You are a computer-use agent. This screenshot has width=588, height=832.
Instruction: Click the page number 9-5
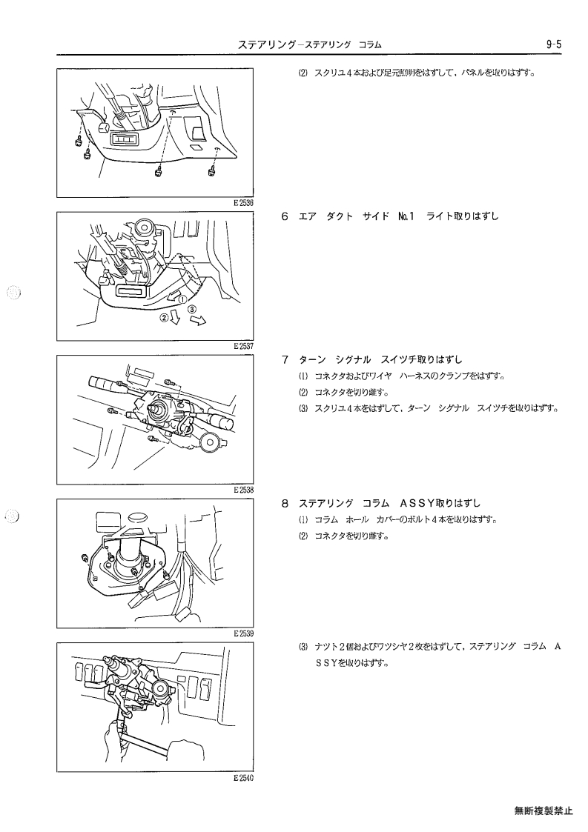click(553, 44)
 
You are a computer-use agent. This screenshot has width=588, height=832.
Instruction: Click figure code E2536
click(243, 203)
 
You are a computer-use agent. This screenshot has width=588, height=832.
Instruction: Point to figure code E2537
click(243, 346)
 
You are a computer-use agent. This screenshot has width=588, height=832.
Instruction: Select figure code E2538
click(243, 490)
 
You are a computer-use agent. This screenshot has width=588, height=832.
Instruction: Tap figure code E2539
click(243, 633)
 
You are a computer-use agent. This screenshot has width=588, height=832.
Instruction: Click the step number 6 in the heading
click(285, 216)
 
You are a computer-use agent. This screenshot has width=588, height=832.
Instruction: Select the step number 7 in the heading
click(285, 360)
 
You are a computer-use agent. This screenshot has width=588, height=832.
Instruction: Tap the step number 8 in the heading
click(285, 503)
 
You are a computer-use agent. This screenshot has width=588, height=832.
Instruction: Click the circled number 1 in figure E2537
click(182, 299)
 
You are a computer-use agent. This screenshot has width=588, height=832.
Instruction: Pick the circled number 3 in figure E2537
click(192, 308)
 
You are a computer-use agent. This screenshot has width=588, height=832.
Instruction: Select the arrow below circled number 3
click(198, 321)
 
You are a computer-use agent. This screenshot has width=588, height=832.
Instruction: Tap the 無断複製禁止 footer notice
click(544, 811)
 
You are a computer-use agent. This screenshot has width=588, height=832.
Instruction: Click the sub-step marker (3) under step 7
click(303, 408)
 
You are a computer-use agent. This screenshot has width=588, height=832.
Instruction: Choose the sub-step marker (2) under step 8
click(303, 536)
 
